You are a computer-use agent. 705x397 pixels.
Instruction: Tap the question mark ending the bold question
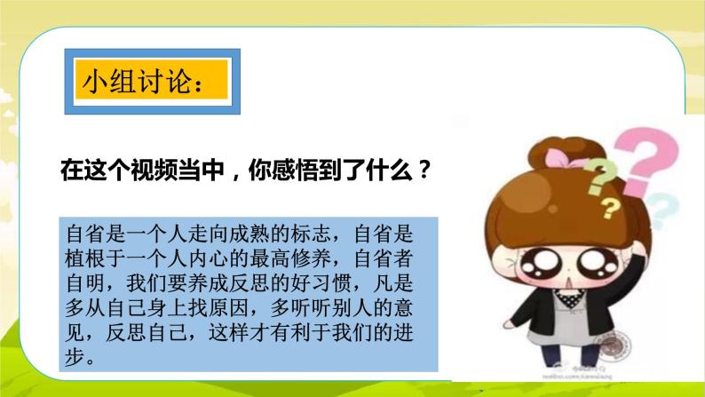pos(424,170)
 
